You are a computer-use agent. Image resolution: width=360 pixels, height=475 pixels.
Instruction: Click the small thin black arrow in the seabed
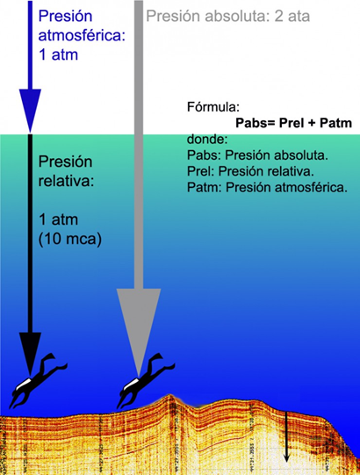(x=286, y=437)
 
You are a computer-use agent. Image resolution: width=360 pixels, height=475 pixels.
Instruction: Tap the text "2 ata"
(x=292, y=16)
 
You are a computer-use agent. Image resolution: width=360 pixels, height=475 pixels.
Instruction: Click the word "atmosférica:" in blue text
(x=82, y=36)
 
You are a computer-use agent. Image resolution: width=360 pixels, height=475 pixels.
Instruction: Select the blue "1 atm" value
(x=58, y=54)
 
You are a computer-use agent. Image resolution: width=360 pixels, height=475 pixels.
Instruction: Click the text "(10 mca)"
(x=70, y=240)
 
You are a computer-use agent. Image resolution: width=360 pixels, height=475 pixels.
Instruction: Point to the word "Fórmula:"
(x=213, y=107)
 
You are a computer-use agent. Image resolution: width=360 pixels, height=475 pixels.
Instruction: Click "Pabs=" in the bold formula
(x=256, y=123)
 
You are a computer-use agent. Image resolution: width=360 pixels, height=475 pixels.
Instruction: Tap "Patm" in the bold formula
(x=335, y=123)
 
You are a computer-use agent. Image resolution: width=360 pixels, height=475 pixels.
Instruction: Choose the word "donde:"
(x=207, y=140)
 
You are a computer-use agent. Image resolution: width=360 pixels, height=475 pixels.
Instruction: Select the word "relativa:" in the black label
(x=66, y=181)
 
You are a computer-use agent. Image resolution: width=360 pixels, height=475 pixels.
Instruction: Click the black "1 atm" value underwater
(x=58, y=220)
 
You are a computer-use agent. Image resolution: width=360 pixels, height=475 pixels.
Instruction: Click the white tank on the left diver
(x=24, y=384)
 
